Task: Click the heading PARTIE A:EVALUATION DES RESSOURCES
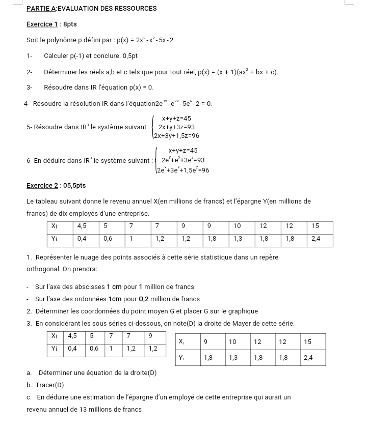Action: pos(91,9)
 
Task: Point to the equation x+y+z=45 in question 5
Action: pos(176,119)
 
